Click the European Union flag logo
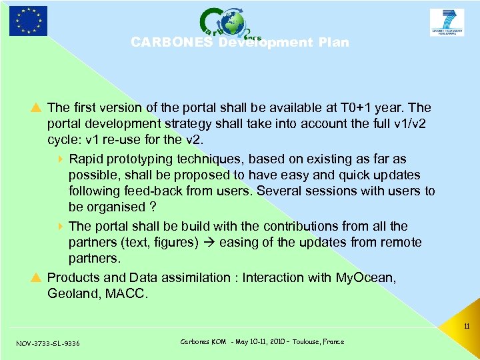pos(28,21)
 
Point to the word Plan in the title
pos(333,43)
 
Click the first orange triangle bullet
pos(38,107)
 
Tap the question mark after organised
pos(153,207)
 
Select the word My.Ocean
pos(366,277)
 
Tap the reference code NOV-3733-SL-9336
pos(48,343)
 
